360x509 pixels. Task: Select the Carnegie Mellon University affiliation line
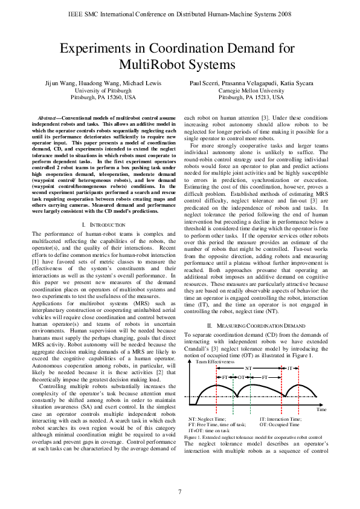(251, 89)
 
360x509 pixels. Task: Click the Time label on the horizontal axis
(321, 409)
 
